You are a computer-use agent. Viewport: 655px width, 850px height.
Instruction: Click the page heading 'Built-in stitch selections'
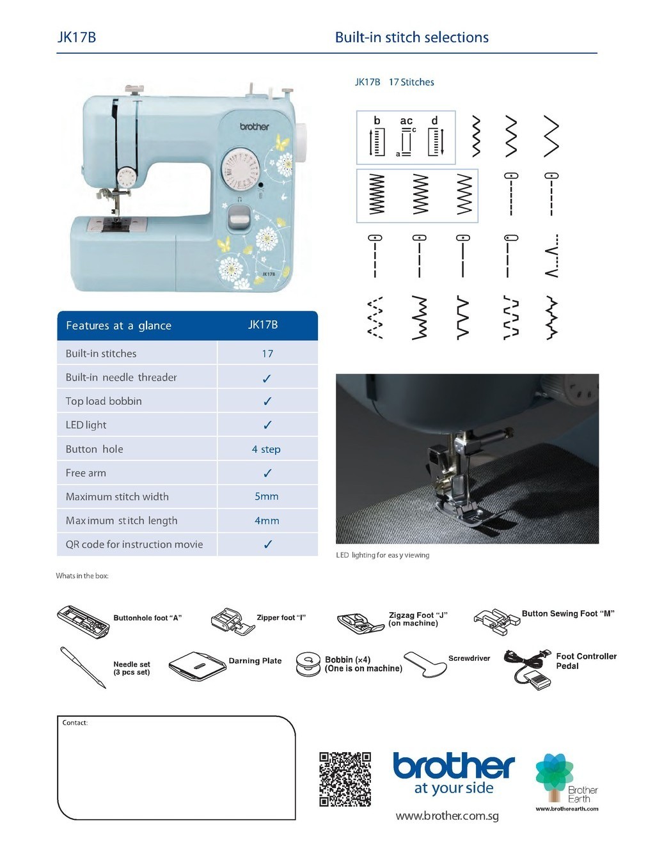(411, 38)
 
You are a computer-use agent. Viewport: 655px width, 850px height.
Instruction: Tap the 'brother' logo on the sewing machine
(255, 127)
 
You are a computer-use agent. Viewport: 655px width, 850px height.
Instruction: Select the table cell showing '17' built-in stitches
(267, 354)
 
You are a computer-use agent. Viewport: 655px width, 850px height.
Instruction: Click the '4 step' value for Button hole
(266, 450)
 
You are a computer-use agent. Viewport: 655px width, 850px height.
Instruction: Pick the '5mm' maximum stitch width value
(267, 497)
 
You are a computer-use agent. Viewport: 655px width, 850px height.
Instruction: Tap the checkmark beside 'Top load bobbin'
(267, 402)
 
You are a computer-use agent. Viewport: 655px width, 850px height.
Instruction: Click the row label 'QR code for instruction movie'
(134, 545)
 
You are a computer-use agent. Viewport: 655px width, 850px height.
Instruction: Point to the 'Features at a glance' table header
(118, 326)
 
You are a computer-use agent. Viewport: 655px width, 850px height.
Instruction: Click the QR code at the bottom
(345, 779)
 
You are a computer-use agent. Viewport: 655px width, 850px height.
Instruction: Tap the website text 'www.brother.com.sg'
(447, 816)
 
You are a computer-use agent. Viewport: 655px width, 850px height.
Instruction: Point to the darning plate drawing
(198, 666)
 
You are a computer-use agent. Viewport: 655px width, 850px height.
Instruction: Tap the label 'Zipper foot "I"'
(281, 618)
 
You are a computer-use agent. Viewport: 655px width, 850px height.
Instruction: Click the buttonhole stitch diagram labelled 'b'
(377, 138)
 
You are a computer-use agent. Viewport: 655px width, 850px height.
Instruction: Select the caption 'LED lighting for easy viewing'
(383, 555)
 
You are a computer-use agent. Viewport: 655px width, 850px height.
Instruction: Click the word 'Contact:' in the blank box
(75, 723)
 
